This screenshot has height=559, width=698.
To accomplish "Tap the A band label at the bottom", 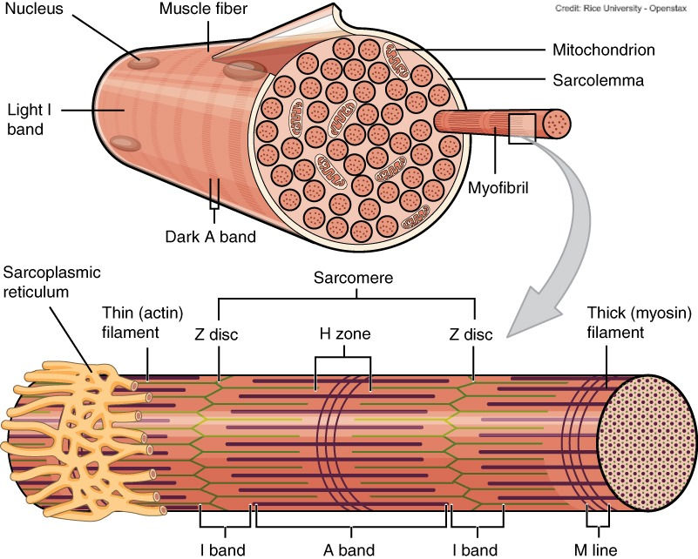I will pyautogui.click(x=349, y=549).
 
